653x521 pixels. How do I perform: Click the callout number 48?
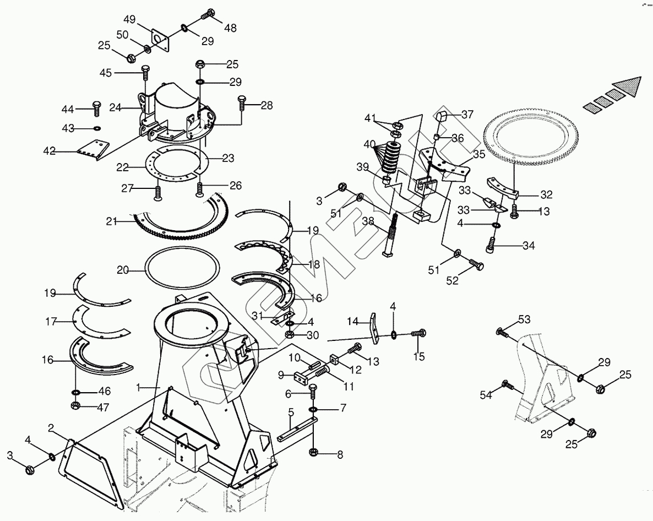click(x=230, y=28)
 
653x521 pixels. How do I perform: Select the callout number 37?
click(x=467, y=115)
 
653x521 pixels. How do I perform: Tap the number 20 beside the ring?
click(x=123, y=270)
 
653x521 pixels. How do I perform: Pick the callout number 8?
click(x=339, y=455)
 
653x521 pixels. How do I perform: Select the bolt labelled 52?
click(x=477, y=266)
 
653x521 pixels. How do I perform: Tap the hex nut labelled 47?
click(x=76, y=406)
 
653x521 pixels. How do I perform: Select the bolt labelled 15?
click(x=420, y=333)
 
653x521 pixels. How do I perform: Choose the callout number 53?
click(x=524, y=321)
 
